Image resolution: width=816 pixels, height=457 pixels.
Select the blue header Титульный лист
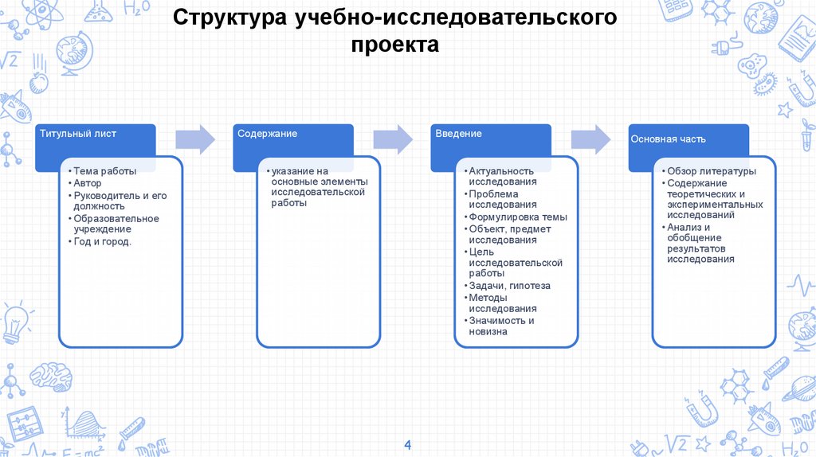click(77, 134)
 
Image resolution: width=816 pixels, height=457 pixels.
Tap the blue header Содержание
click(267, 134)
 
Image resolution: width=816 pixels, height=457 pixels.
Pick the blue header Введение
click(458, 134)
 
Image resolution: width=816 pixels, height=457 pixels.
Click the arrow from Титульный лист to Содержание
click(195, 139)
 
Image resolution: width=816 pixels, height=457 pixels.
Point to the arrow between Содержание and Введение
click(393, 139)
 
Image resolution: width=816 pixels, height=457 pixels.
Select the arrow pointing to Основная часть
click(590, 139)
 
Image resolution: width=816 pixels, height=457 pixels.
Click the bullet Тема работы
click(104, 171)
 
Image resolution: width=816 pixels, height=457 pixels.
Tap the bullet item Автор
click(88, 183)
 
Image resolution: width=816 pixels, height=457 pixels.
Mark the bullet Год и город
click(102, 241)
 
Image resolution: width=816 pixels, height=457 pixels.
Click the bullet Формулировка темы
click(518, 217)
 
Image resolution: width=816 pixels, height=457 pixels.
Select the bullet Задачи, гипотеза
click(509, 286)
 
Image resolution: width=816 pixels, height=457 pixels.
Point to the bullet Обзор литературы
click(712, 171)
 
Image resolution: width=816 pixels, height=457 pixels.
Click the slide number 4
click(408, 443)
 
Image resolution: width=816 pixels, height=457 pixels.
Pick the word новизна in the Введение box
click(488, 331)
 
